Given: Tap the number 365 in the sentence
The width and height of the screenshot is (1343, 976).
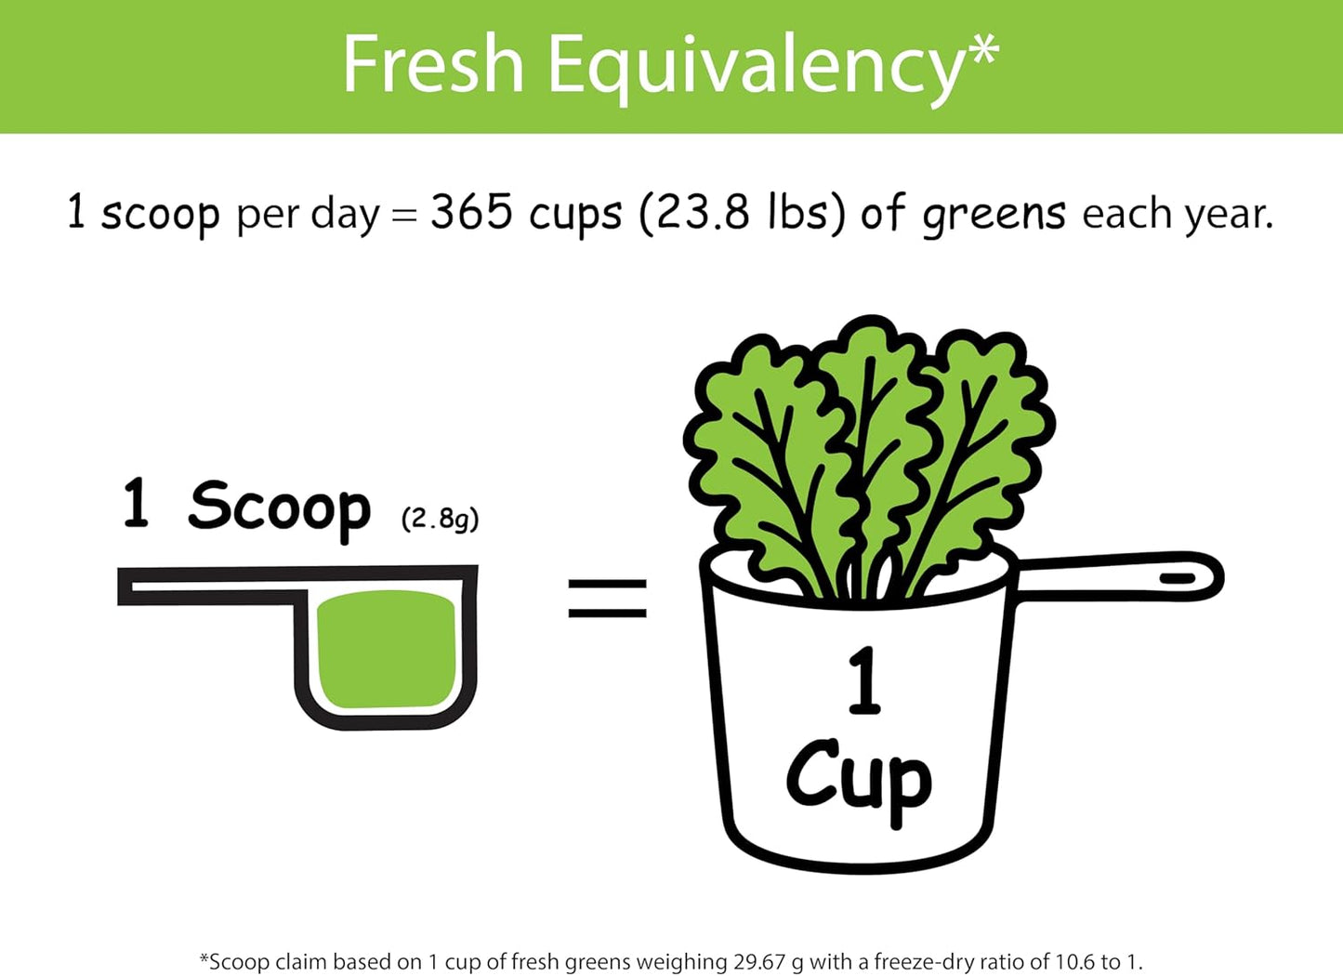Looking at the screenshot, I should pos(471,212).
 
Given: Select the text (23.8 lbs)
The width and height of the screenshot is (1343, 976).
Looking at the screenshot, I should pos(742,214).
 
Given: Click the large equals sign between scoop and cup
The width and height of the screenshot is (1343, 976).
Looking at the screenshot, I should pos(607,599).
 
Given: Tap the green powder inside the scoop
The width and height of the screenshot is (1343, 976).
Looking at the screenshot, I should pos(386,650).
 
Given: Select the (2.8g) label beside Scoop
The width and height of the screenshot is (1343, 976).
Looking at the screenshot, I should pos(440,518).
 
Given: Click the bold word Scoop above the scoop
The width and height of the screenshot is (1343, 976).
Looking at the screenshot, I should pos(279,508).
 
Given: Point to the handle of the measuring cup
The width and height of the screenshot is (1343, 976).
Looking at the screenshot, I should pos(1115,576).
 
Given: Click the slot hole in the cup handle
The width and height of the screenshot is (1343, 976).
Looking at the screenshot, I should pos(1178,577).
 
